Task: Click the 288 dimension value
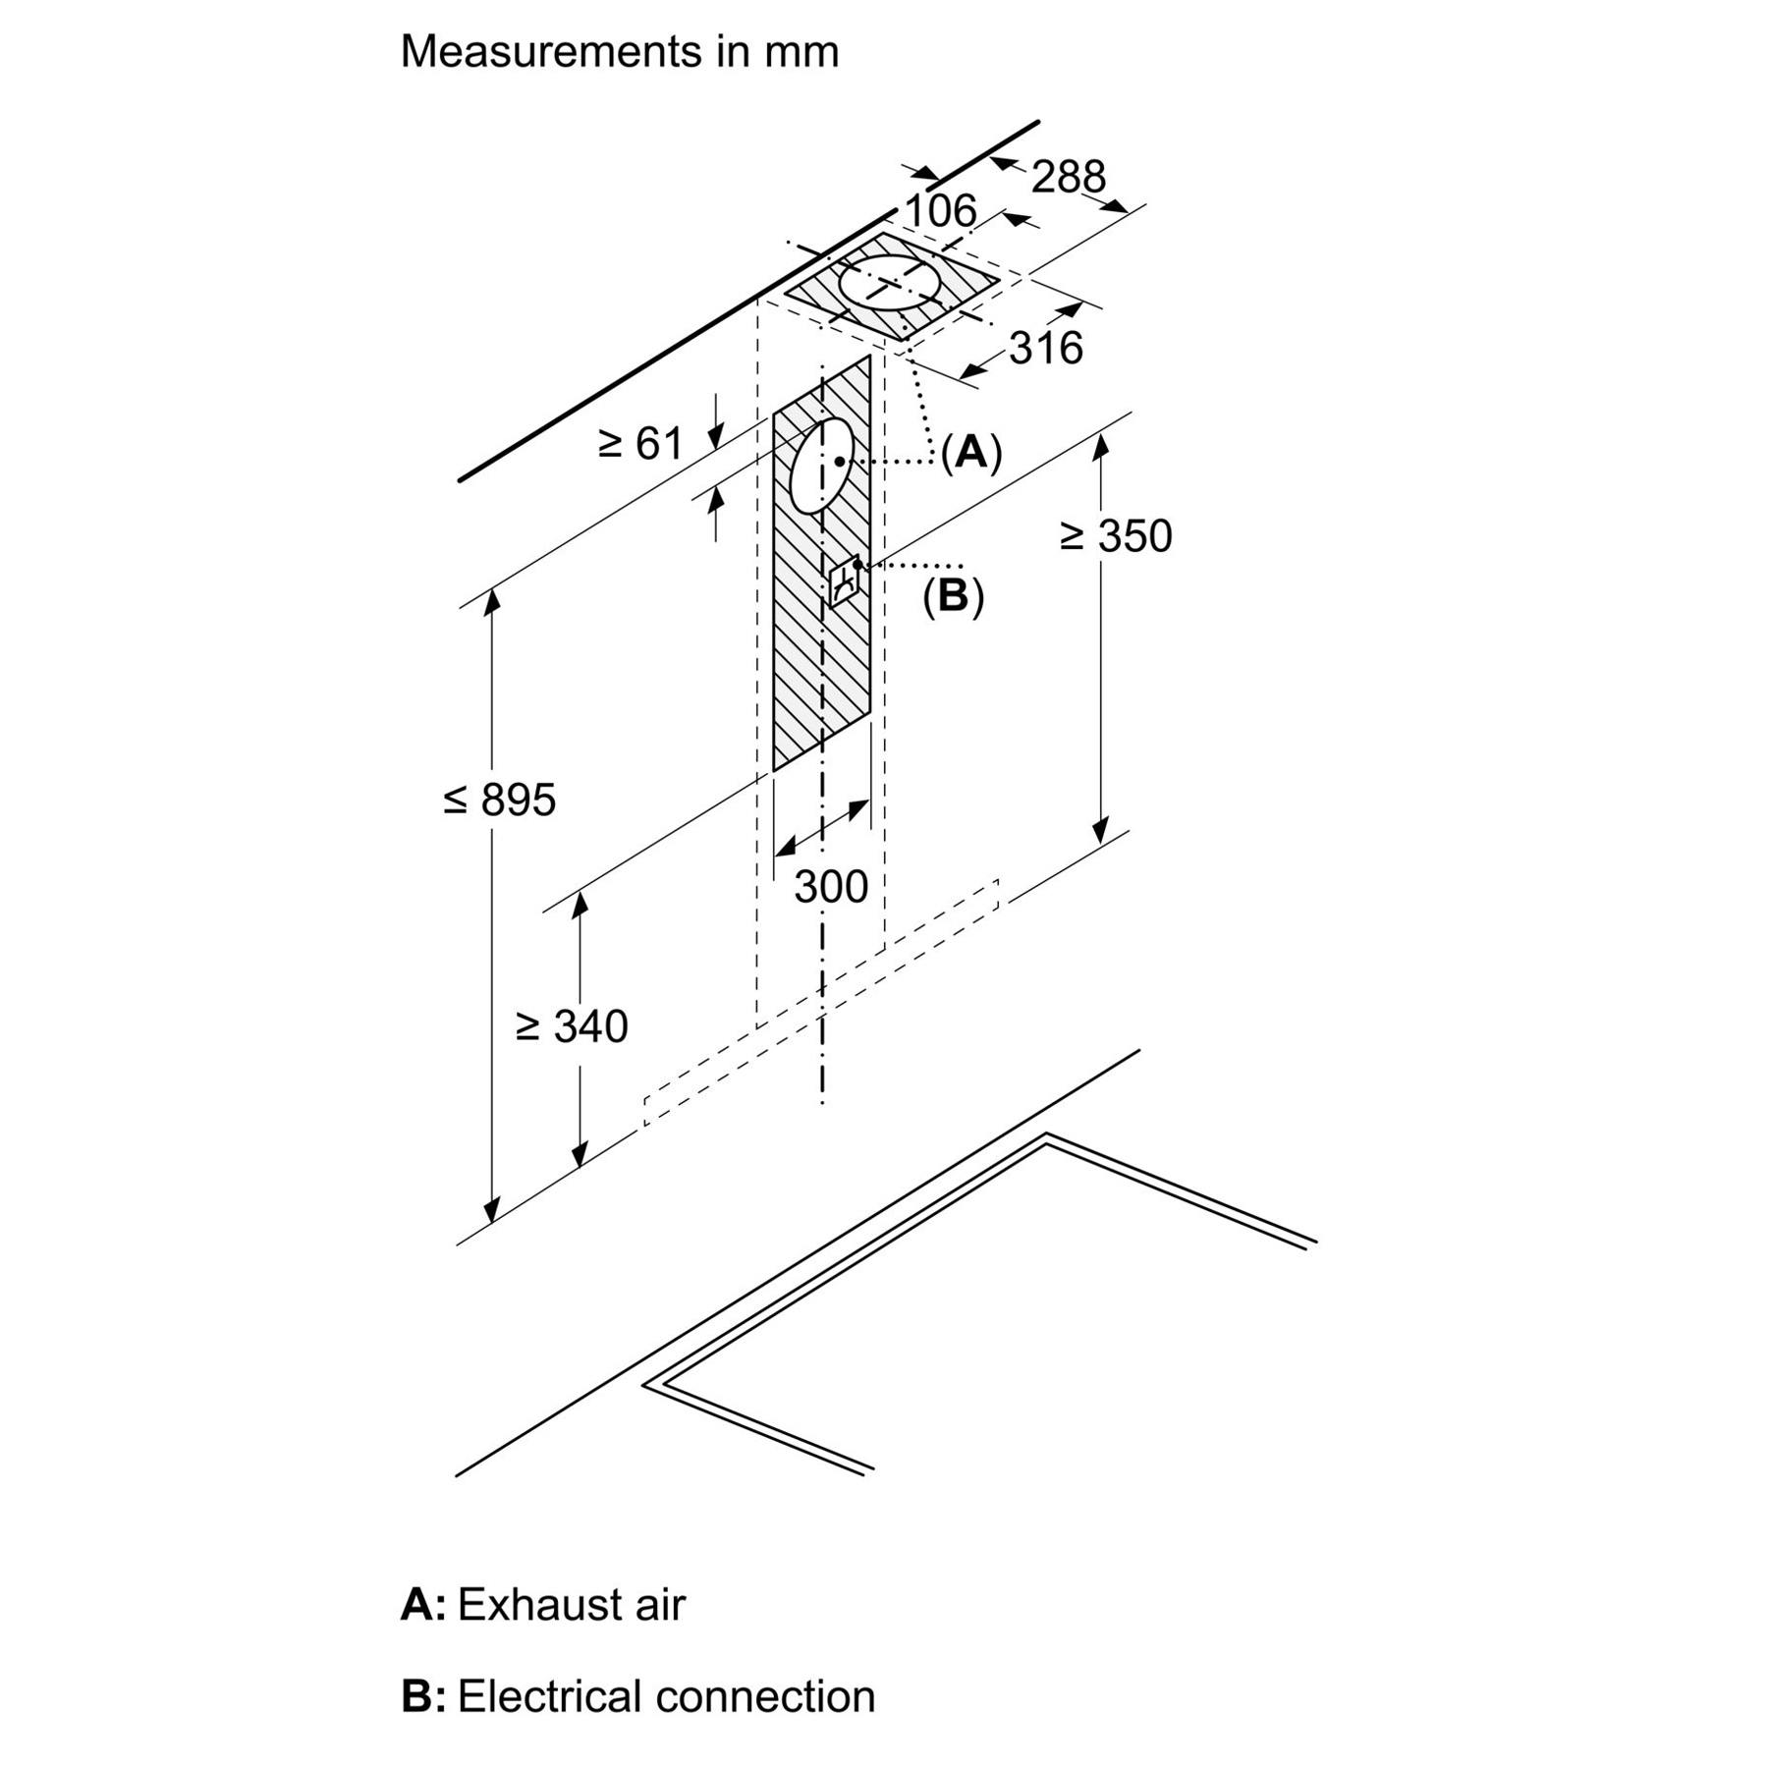tap(1069, 177)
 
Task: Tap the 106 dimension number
tap(940, 211)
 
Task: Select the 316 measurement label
tap(1045, 348)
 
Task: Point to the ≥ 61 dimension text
tap(639, 444)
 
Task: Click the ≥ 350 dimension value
tap(1116, 536)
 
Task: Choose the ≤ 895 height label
tap(499, 800)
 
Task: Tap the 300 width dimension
tap(831, 887)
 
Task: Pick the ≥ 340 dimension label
tap(571, 1026)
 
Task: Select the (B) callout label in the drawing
tap(953, 595)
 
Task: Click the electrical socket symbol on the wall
tap(846, 582)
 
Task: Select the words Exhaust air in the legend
tap(571, 1604)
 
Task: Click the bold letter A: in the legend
tap(423, 1604)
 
